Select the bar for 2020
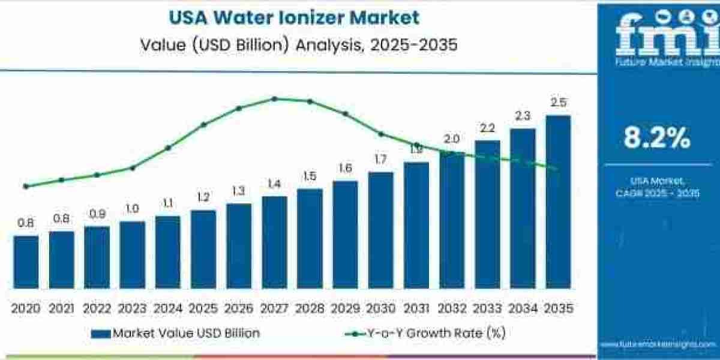26,262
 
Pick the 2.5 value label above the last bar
558,103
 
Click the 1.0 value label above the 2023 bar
132,209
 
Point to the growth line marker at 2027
274,98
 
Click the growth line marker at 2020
26,186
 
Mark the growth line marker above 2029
345,113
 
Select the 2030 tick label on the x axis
380,308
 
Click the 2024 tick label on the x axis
167,308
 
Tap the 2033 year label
487,308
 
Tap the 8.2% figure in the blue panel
657,139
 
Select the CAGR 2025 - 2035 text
657,193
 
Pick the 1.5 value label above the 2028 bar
310,176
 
